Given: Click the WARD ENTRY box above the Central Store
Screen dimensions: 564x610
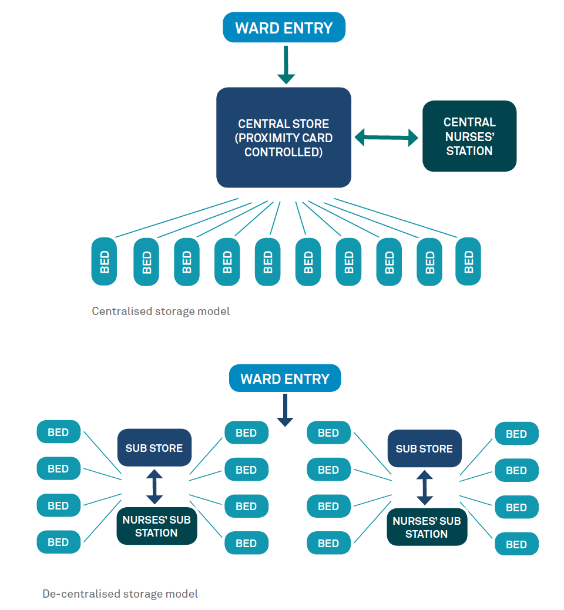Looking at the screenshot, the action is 284,27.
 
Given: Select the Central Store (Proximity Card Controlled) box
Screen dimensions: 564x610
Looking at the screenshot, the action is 284,138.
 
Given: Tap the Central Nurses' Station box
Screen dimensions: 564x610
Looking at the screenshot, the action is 469,136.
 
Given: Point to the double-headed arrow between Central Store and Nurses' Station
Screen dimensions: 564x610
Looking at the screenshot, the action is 386,138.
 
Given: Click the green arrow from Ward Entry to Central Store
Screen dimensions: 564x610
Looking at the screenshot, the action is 286,65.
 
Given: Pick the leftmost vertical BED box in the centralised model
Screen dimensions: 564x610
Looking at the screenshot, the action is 104,262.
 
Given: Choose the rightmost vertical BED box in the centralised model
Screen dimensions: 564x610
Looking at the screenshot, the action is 468,262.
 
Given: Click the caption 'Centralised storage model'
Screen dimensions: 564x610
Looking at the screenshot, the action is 160,311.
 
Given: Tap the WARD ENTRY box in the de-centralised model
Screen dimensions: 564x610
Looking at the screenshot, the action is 285,378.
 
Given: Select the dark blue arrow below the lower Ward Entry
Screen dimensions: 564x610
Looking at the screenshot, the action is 285,410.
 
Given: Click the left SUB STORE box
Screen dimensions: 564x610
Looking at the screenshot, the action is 155,448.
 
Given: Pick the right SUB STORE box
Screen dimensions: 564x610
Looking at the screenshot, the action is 424,448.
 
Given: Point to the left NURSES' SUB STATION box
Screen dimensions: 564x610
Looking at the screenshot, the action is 157,526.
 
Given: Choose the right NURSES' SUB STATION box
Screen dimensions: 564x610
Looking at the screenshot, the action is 427,527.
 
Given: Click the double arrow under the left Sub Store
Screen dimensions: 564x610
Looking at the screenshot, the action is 155,487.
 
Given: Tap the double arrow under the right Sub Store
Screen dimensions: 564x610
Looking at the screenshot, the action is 425,488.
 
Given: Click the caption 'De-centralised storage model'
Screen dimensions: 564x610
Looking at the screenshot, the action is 120,594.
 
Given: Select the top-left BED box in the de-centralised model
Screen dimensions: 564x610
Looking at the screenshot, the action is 58,432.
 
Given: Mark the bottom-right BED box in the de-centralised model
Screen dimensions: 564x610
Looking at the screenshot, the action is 516,544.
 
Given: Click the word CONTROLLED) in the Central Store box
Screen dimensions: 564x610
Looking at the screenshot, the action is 284,152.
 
